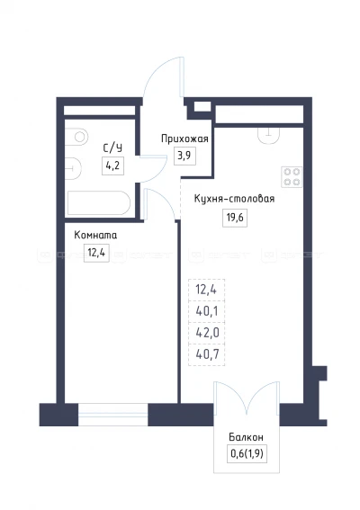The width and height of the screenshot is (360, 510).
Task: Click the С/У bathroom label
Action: [113, 147]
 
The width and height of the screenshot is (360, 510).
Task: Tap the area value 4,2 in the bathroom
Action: [113, 165]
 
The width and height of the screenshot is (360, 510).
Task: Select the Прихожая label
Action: [184, 139]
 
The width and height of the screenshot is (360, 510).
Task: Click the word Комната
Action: [96, 236]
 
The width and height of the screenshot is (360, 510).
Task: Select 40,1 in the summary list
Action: [206, 311]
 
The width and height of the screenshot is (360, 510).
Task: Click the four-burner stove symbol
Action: [293, 174]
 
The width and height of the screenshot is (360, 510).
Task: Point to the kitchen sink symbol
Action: [268, 134]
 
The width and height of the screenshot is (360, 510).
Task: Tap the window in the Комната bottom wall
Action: [112, 415]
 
